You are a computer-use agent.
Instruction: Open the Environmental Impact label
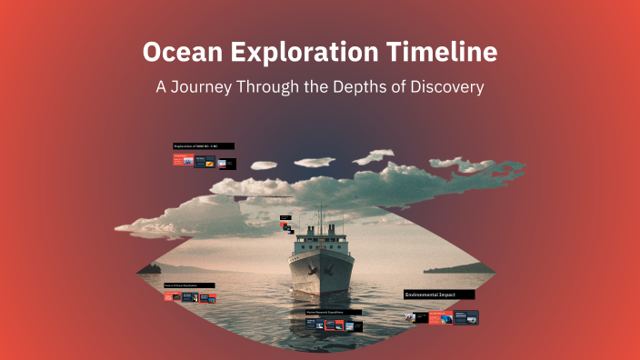[439, 295]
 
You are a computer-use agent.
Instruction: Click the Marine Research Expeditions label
[333, 312]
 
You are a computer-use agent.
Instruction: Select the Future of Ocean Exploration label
[190, 285]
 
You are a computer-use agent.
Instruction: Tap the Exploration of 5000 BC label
[203, 146]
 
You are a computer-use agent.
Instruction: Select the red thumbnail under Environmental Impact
[440, 318]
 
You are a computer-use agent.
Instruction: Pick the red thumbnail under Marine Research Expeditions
[334, 324]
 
